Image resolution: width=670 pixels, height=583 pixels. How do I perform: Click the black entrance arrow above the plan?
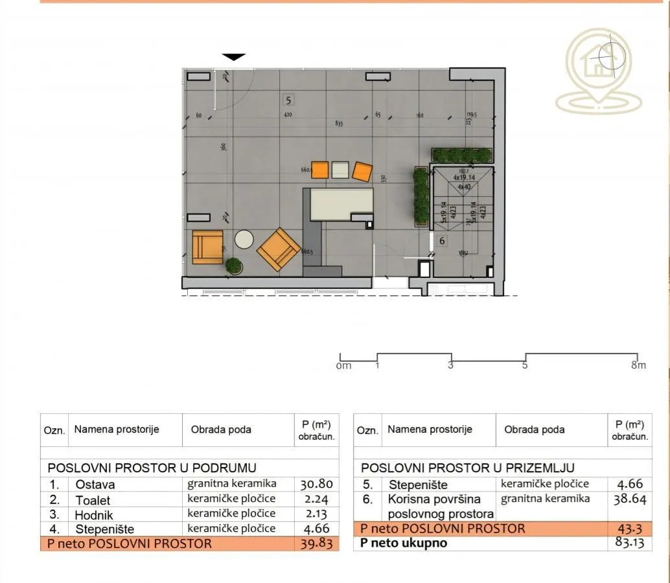click(234, 57)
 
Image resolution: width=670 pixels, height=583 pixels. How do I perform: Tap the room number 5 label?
click(288, 100)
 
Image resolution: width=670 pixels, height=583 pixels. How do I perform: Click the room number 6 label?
click(442, 240)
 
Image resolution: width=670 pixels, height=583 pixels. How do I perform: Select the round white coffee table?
click(244, 239)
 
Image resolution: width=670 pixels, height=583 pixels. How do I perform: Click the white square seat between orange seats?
click(340, 170)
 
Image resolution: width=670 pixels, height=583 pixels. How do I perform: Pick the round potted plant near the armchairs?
click(233, 266)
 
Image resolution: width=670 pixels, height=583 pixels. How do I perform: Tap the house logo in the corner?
click(599, 71)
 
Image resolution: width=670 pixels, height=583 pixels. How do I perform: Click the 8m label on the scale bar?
click(638, 365)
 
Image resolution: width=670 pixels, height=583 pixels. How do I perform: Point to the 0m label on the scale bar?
click(344, 366)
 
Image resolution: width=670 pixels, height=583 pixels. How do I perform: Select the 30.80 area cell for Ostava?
click(316, 484)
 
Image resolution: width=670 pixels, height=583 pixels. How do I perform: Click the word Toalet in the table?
click(93, 500)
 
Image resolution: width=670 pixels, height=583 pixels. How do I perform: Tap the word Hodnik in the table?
click(94, 515)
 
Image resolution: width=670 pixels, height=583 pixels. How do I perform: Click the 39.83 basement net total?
click(316, 543)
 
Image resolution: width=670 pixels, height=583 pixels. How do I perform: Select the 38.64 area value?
click(630, 499)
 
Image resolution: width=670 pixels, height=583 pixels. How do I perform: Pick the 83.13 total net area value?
click(630, 543)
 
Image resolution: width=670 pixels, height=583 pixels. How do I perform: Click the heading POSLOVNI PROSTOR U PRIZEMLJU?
click(467, 468)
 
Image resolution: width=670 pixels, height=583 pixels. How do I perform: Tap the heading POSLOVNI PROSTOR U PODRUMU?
click(152, 468)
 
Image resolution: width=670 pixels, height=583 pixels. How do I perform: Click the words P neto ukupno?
click(404, 543)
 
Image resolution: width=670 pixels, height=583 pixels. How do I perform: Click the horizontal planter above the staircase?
click(462, 155)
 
